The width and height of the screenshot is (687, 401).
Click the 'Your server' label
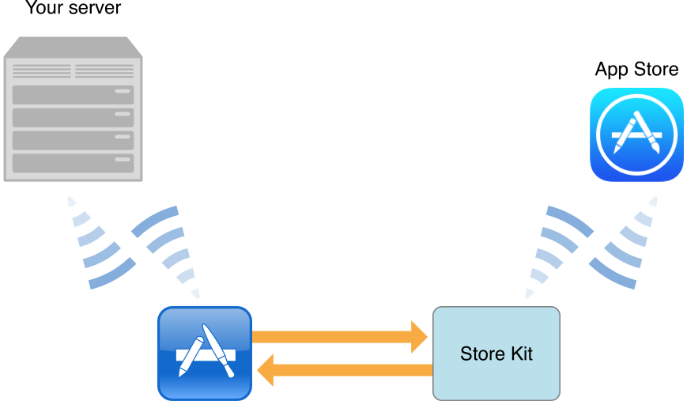[73, 9]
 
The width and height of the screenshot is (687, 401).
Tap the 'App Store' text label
[636, 70]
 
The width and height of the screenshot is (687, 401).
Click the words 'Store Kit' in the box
[496, 353]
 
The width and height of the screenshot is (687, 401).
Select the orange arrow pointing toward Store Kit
[340, 337]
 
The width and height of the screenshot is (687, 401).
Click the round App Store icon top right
[636, 135]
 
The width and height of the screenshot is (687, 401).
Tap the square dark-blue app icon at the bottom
[205, 353]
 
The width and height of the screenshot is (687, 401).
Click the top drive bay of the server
[73, 95]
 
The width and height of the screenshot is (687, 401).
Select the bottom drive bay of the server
[73, 163]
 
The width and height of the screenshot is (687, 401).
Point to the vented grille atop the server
[73, 71]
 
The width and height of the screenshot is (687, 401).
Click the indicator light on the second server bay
[122, 115]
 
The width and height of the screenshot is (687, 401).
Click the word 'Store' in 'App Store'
[655, 70]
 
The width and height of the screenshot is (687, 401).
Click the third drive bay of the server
[73, 140]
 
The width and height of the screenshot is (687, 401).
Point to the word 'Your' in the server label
[43, 9]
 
